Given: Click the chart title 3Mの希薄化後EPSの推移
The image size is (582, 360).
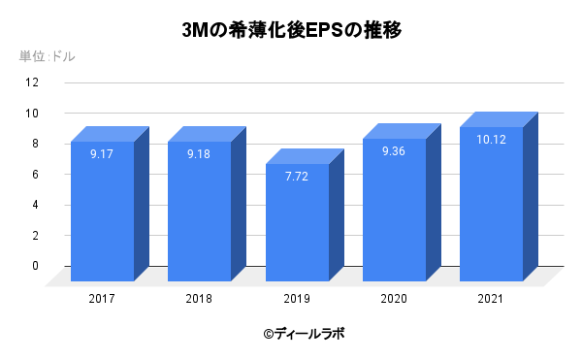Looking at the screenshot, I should tap(292, 30).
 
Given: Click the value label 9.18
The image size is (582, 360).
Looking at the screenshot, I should tap(199, 154).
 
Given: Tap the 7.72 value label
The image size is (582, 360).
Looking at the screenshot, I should tap(296, 177).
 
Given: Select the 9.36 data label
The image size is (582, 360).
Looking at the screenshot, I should tap(393, 151).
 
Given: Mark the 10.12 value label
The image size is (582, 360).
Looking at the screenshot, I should tap(491, 140).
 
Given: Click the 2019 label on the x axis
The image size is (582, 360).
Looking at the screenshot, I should tap(296, 298).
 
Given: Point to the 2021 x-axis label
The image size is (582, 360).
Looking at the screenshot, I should tap(491, 298).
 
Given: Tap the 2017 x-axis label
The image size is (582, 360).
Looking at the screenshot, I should tap(102, 298).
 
